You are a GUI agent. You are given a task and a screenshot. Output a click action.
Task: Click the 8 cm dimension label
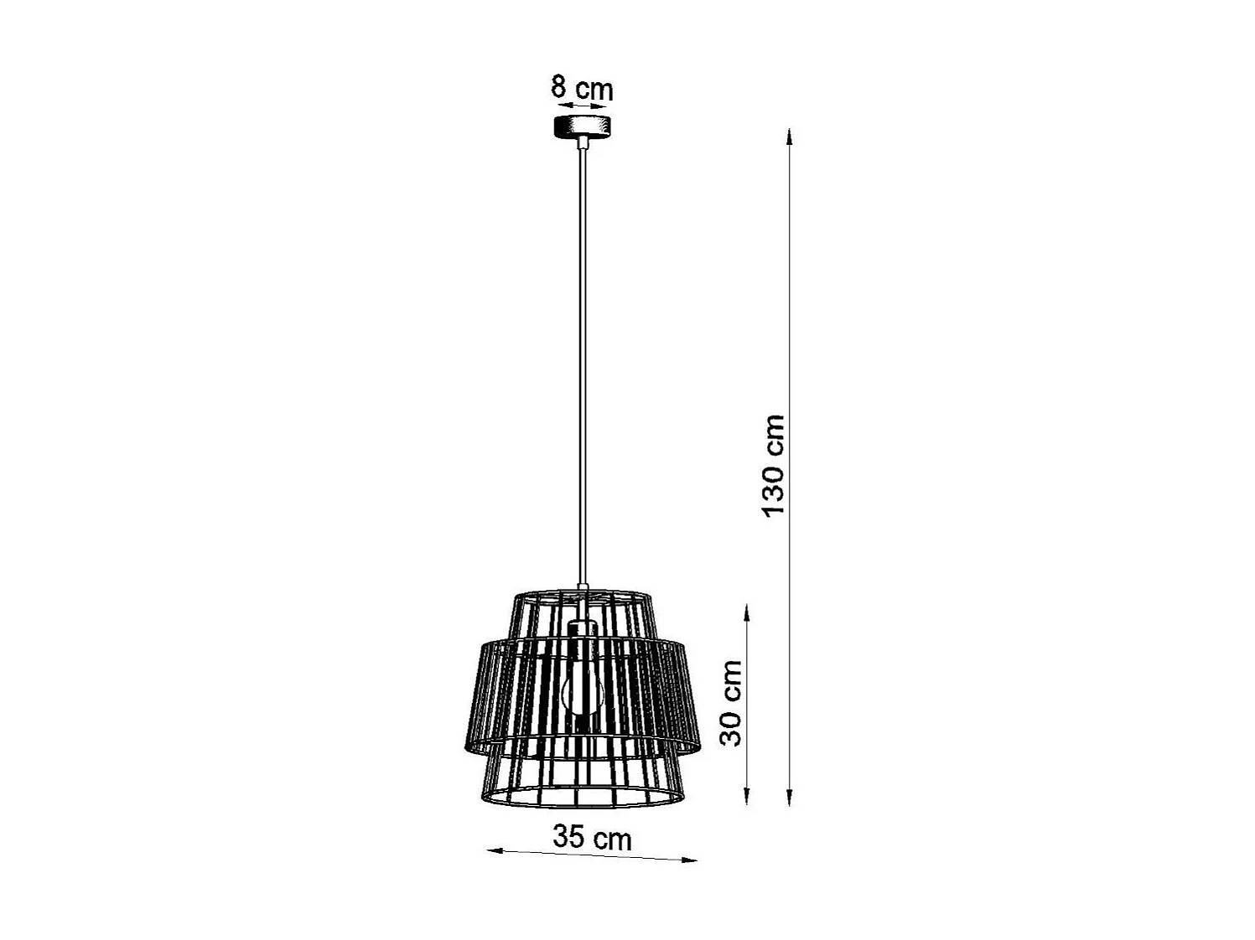582,88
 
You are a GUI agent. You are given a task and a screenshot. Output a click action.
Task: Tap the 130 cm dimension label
773,465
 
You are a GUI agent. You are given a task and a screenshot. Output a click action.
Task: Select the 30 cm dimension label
732,702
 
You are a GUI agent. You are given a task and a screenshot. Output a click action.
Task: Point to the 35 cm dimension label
592,837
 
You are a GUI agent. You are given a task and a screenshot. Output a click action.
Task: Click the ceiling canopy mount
582,127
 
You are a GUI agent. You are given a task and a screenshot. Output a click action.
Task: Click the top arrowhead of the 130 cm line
789,134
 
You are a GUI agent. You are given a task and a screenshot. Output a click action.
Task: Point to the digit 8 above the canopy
559,86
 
